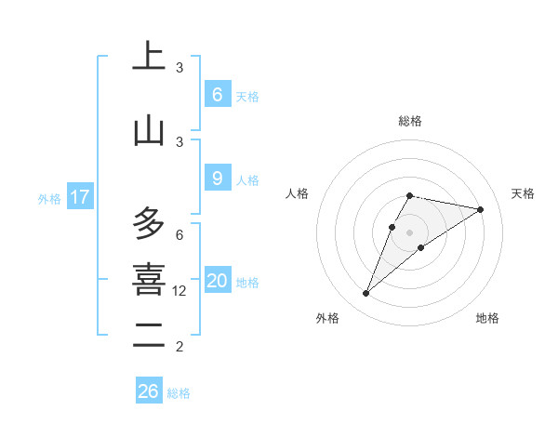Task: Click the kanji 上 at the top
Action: tap(149, 59)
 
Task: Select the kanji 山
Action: tap(149, 131)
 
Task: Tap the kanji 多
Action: tap(149, 223)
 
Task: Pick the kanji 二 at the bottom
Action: tap(149, 333)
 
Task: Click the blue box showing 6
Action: tap(217, 95)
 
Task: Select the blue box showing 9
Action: tap(217, 179)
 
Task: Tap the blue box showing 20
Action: tap(217, 281)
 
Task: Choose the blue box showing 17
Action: tap(80, 196)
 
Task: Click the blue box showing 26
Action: tap(149, 391)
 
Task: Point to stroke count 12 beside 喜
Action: tap(179, 291)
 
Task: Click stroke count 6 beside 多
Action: tap(179, 234)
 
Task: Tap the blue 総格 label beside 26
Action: tap(179, 393)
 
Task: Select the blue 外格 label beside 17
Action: tap(49, 198)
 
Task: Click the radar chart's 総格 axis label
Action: tap(410, 121)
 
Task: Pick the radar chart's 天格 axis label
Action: tap(524, 193)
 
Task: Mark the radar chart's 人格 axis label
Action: tap(298, 193)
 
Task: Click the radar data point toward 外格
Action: tap(366, 294)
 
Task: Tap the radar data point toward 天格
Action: tap(480, 209)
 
